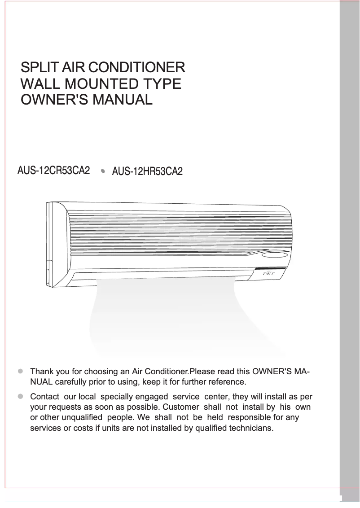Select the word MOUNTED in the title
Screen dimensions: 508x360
pyautogui.click(x=97, y=84)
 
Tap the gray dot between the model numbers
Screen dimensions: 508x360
pyautogui.click(x=103, y=171)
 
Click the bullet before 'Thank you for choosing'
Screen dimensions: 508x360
pyautogui.click(x=20, y=372)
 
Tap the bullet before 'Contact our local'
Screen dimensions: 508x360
pyautogui.click(x=20, y=397)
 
